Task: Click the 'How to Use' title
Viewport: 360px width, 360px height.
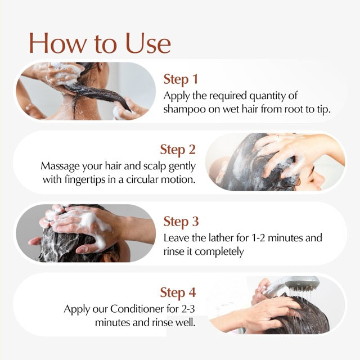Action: click(x=100, y=43)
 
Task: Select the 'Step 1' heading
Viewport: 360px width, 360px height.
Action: click(x=181, y=79)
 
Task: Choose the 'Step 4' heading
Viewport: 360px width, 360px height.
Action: click(x=178, y=292)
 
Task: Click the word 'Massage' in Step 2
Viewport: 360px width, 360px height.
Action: click(x=60, y=166)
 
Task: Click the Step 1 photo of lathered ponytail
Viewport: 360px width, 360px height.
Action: click(x=84, y=90)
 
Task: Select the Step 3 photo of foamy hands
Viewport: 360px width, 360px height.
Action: click(x=84, y=233)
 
